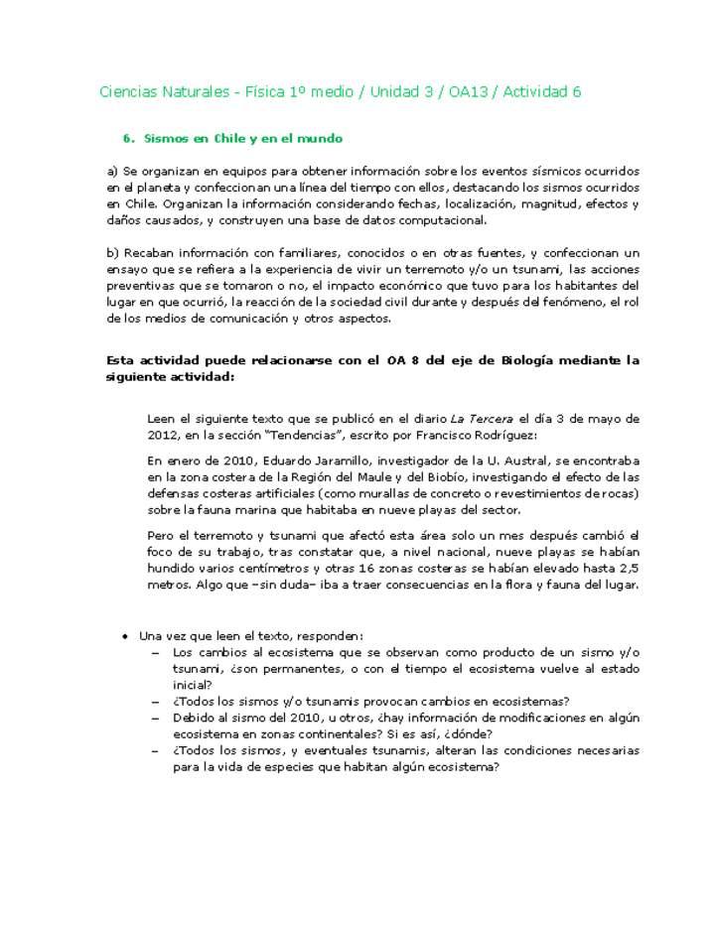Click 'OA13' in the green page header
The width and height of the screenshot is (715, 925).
470,92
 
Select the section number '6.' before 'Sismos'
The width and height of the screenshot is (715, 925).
128,139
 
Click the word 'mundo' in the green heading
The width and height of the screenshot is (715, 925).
322,139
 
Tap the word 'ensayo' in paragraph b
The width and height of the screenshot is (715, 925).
126,270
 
